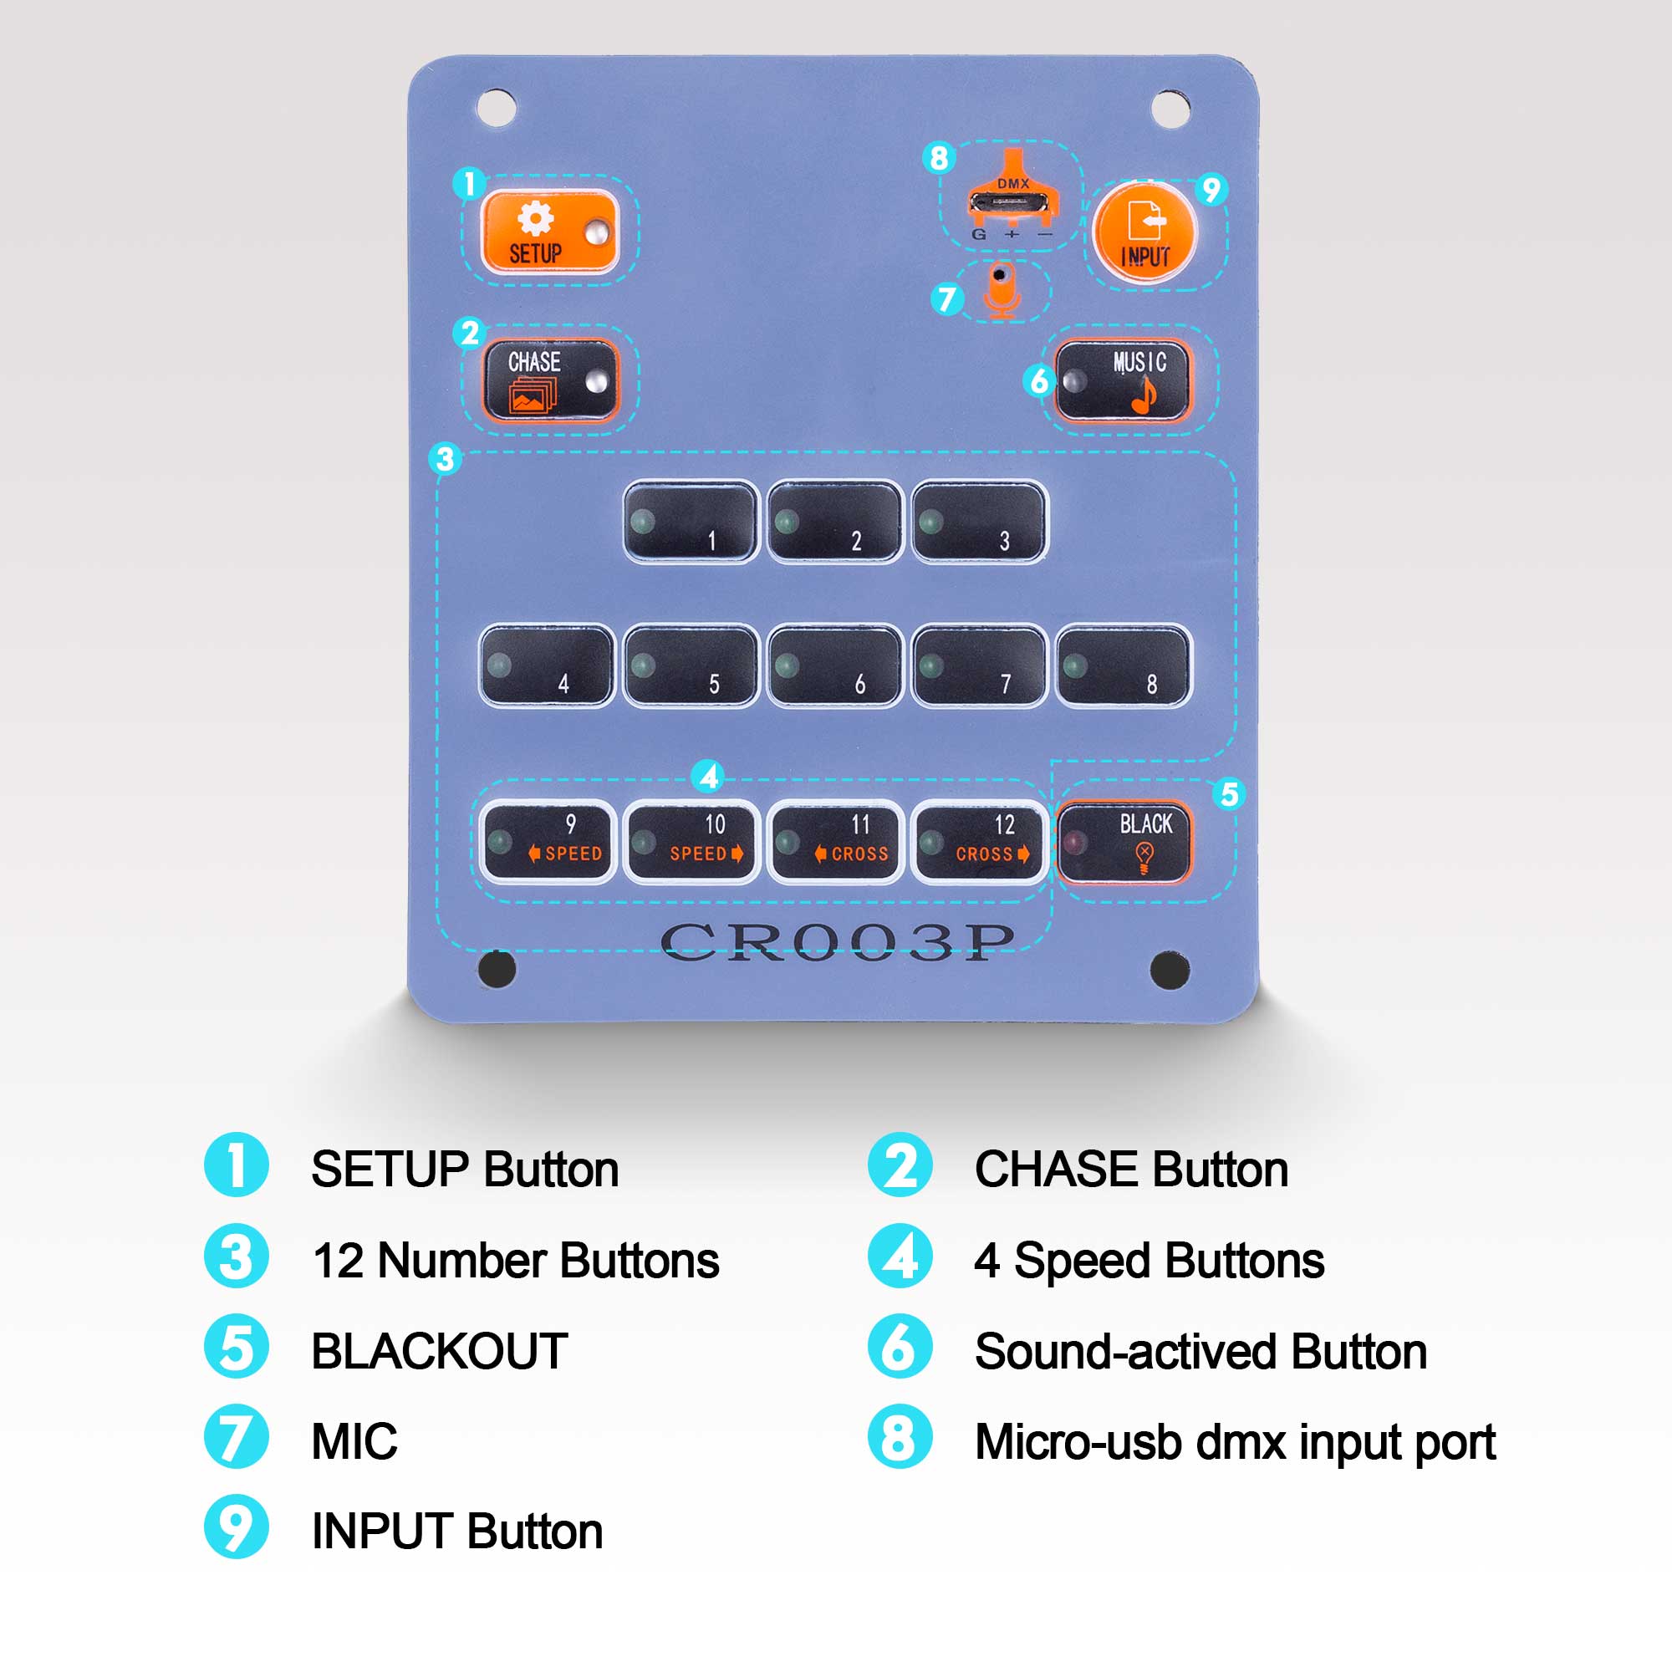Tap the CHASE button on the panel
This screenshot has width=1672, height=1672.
click(549, 379)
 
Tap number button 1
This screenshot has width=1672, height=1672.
click(691, 522)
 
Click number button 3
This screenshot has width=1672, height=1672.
click(979, 522)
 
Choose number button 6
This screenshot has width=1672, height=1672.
click(834, 665)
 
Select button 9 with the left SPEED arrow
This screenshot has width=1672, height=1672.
click(546, 840)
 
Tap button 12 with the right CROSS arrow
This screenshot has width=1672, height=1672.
click(979, 840)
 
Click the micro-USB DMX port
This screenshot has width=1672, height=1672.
click(1008, 203)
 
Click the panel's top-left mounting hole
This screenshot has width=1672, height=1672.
click(497, 107)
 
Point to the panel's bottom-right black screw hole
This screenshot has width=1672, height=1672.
click(1170, 969)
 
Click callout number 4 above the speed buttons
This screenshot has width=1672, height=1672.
click(709, 777)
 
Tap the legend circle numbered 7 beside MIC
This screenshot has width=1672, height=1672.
click(237, 1436)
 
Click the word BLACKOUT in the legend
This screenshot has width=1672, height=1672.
click(439, 1351)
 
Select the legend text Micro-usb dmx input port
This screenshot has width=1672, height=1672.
click(1235, 1442)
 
